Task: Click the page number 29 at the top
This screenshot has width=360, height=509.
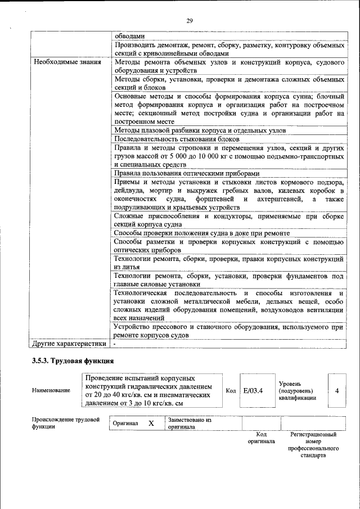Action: [190, 21]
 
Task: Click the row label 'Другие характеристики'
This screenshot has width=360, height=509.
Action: [69, 343]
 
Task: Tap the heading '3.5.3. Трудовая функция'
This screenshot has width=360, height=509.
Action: [73, 361]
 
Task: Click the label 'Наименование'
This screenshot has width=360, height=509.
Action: [51, 390]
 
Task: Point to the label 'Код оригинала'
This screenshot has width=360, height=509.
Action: [261, 438]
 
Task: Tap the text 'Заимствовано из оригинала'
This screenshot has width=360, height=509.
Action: [189, 423]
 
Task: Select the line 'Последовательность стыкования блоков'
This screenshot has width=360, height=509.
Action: [177, 139]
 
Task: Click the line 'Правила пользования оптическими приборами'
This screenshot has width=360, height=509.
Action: [187, 174]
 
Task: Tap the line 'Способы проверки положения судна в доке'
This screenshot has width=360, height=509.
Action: [201, 233]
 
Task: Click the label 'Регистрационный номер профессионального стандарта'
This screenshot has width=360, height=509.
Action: [313, 445]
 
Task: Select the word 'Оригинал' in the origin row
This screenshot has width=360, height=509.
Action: [125, 423]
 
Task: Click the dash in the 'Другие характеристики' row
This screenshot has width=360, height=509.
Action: [114, 343]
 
